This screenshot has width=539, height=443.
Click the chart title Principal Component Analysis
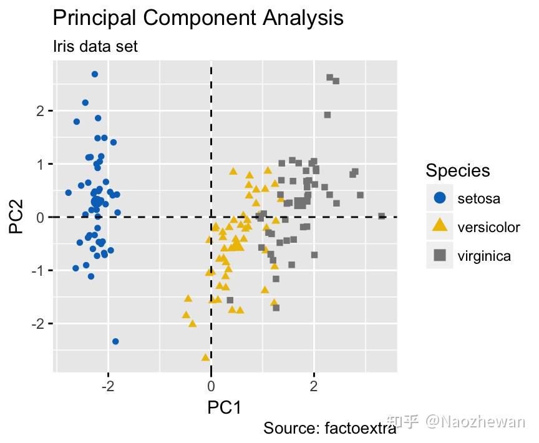click(x=198, y=17)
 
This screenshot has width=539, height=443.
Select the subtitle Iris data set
click(x=95, y=47)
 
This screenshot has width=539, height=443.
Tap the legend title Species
click(x=457, y=170)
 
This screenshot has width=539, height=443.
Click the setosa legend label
click(x=478, y=199)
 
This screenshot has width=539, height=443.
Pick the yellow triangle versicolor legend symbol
click(x=440, y=226)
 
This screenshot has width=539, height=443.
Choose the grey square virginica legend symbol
click(x=440, y=255)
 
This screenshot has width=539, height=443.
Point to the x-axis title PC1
click(x=224, y=407)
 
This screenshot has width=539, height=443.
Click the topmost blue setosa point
click(x=95, y=74)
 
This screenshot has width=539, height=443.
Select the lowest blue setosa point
click(x=115, y=341)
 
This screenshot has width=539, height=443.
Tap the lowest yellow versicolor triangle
click(x=205, y=357)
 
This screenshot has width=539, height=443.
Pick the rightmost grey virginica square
click(x=382, y=216)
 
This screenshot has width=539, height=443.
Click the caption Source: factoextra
click(x=329, y=429)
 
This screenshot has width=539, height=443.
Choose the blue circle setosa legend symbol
click(x=440, y=198)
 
